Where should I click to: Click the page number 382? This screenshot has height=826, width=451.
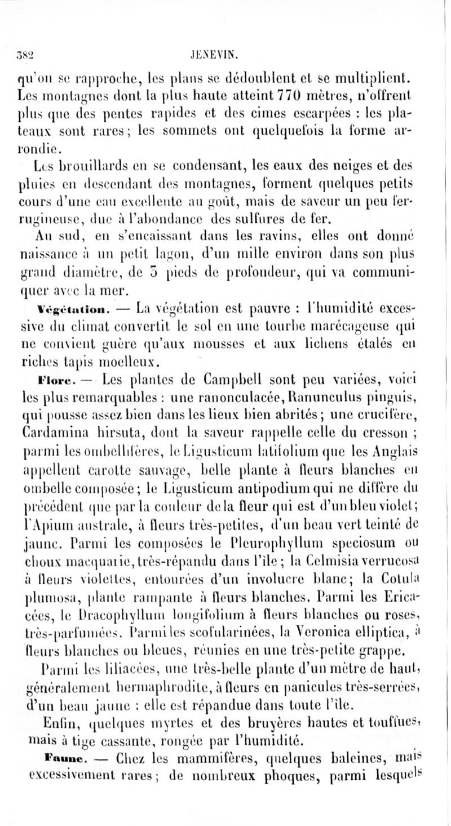click(26, 56)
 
